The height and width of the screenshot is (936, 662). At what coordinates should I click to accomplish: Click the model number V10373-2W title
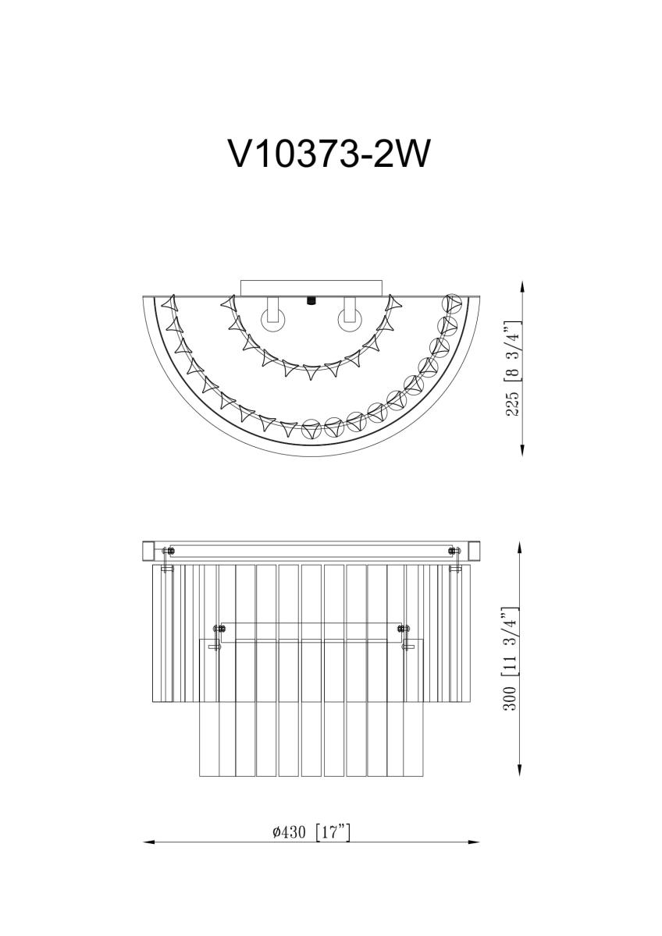point(329,154)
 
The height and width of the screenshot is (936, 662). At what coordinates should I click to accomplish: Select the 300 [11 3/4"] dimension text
point(511,659)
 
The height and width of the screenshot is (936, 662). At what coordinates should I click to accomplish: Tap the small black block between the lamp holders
point(311,300)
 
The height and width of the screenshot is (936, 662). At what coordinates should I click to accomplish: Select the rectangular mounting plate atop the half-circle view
point(311,288)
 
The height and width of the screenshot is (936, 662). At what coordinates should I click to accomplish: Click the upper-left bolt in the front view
point(169,552)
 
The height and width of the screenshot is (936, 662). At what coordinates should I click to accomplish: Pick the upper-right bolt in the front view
point(453,552)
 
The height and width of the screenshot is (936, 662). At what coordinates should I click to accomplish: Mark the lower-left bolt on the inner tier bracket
point(219,629)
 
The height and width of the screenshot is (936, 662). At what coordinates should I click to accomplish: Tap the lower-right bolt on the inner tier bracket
point(403,629)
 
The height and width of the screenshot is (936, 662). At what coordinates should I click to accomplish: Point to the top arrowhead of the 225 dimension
point(521,287)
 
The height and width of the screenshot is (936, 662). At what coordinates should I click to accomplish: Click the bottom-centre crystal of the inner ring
point(311,374)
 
